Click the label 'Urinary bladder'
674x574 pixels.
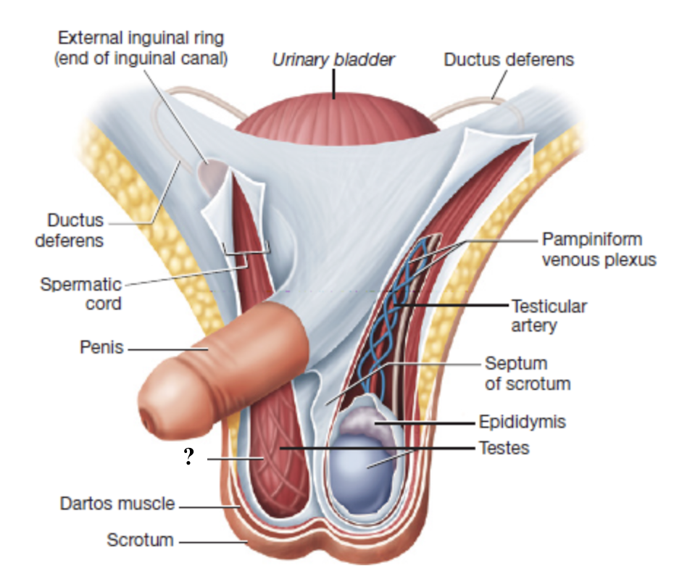coord(333,59)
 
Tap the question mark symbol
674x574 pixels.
coord(190,457)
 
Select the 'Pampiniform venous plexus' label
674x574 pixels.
coord(599,249)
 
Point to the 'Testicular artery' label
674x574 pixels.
coord(549,315)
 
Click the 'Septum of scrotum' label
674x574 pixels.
coord(527,373)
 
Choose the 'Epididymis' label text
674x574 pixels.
coord(522,421)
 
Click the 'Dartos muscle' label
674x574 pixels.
coord(117,502)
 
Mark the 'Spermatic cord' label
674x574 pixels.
coord(80,293)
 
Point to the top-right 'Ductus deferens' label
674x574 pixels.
coord(509,59)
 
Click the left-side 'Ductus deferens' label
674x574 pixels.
coord(69,229)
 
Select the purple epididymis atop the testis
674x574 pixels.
coord(366,420)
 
